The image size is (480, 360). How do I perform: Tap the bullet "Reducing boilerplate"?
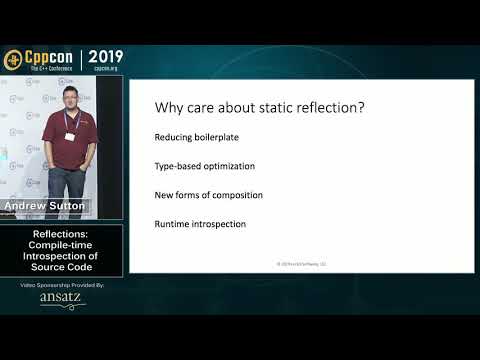coord(196,137)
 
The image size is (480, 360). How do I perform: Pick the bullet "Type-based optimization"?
coord(204,166)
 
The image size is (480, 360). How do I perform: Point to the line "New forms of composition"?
coord(207,195)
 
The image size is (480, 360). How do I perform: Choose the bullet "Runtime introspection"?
coord(200,223)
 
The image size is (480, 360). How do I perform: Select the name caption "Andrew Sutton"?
coord(47,206)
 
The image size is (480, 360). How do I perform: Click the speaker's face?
coord(69,105)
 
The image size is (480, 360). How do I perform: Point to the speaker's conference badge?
coord(71,136)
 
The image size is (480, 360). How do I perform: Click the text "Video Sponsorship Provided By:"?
coord(62,285)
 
